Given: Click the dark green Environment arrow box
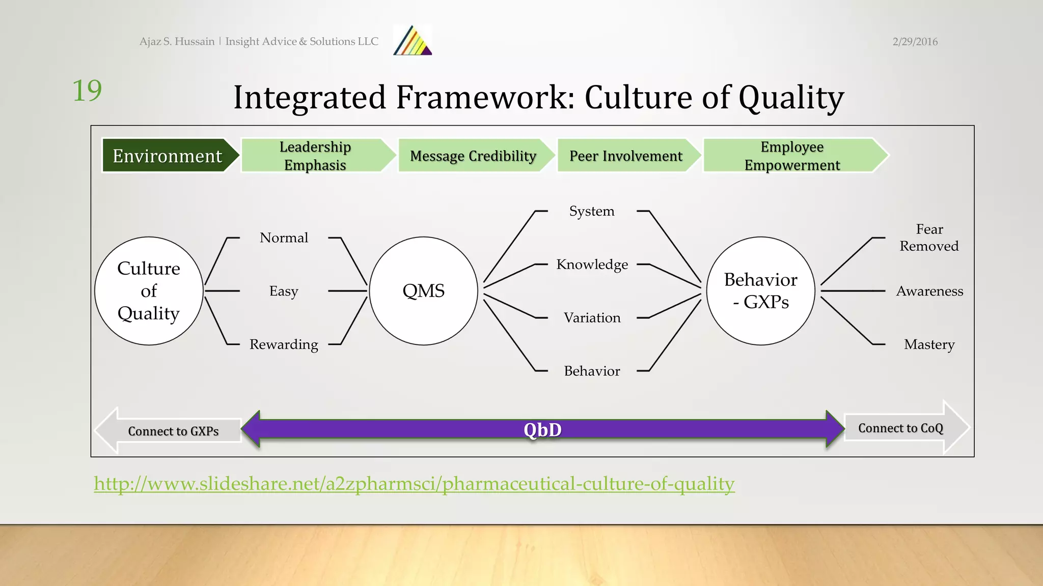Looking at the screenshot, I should (x=168, y=156).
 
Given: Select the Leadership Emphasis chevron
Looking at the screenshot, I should (x=315, y=156).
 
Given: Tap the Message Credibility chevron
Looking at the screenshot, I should (x=473, y=156).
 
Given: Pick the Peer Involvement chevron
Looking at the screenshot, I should (x=626, y=156).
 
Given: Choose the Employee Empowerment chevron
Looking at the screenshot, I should (x=792, y=156).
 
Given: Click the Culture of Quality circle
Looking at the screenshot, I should (x=149, y=290).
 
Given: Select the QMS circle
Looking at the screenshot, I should (x=423, y=290).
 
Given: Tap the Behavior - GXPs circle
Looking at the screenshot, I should (x=760, y=290).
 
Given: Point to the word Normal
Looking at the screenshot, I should (x=284, y=238).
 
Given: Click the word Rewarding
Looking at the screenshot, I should (x=284, y=344).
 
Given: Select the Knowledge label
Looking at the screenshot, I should (x=592, y=265).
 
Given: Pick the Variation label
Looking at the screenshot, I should (x=592, y=318).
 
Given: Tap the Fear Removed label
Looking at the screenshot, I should (x=929, y=238).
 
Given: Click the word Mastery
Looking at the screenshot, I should (x=929, y=344).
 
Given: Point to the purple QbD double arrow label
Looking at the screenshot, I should (x=542, y=430).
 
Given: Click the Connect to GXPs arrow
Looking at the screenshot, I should (x=173, y=431).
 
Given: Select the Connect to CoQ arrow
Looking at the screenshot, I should (x=900, y=428).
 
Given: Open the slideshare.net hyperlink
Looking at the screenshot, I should (x=414, y=484).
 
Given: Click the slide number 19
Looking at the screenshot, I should (x=87, y=91).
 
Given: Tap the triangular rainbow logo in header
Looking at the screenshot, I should (x=413, y=41).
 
